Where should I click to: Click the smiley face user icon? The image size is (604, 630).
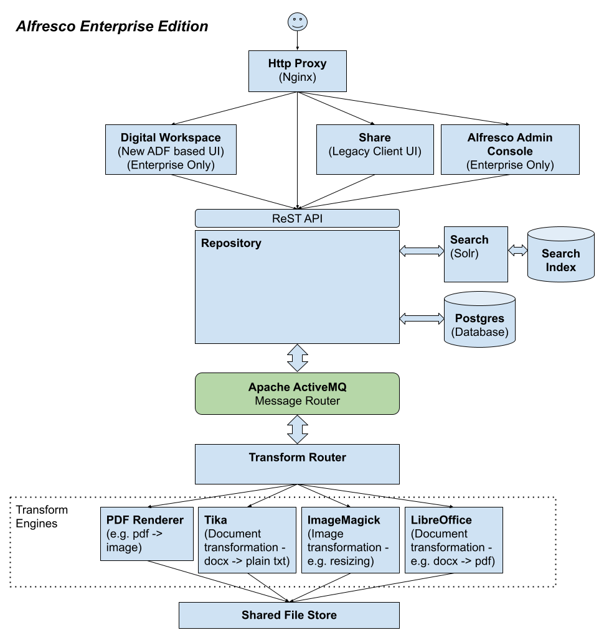[298, 22]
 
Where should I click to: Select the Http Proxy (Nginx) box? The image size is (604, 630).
[298, 71]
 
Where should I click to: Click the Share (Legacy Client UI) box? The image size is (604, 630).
[375, 149]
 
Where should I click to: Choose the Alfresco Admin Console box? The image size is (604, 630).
[510, 150]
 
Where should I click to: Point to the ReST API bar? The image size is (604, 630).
[297, 218]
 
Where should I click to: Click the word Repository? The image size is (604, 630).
[231, 243]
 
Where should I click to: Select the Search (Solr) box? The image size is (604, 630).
[476, 254]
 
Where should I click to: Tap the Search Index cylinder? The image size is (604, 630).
[560, 256]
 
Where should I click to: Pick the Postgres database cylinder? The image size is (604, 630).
[479, 319]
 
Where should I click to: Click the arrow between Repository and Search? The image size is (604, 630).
[422, 251]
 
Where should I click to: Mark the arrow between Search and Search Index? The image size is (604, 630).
[517, 250]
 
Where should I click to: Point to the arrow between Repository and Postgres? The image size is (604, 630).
[422, 318]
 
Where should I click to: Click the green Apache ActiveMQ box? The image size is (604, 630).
[297, 394]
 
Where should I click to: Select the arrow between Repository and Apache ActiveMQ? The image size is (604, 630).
[298, 358]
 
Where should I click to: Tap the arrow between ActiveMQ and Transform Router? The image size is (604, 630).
[298, 429]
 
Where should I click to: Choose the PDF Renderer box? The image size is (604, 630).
[147, 534]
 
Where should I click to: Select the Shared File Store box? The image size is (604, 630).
[289, 615]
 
